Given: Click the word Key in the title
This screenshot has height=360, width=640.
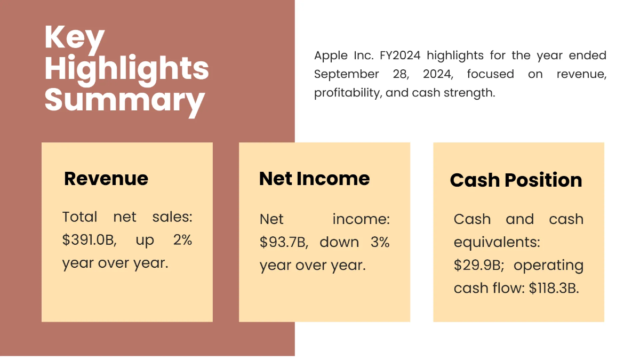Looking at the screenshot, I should click(75, 39).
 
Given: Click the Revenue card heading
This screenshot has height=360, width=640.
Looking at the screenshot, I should click(106, 178).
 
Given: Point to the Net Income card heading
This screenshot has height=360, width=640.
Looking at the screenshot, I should click(314, 178).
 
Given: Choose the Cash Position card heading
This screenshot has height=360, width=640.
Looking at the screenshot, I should click(516, 180).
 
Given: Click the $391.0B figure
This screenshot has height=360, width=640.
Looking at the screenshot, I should click(89, 240).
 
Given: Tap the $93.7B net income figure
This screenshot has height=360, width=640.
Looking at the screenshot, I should click(283, 242).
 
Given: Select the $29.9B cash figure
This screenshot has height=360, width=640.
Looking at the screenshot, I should click(477, 265).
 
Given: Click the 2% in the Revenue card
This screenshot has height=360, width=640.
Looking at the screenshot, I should click(182, 240).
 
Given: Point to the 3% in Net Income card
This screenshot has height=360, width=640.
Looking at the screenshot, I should click(380, 242).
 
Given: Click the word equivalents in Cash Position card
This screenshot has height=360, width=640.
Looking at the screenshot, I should click(497, 243).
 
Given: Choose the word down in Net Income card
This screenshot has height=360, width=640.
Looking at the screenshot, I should click(339, 242).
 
